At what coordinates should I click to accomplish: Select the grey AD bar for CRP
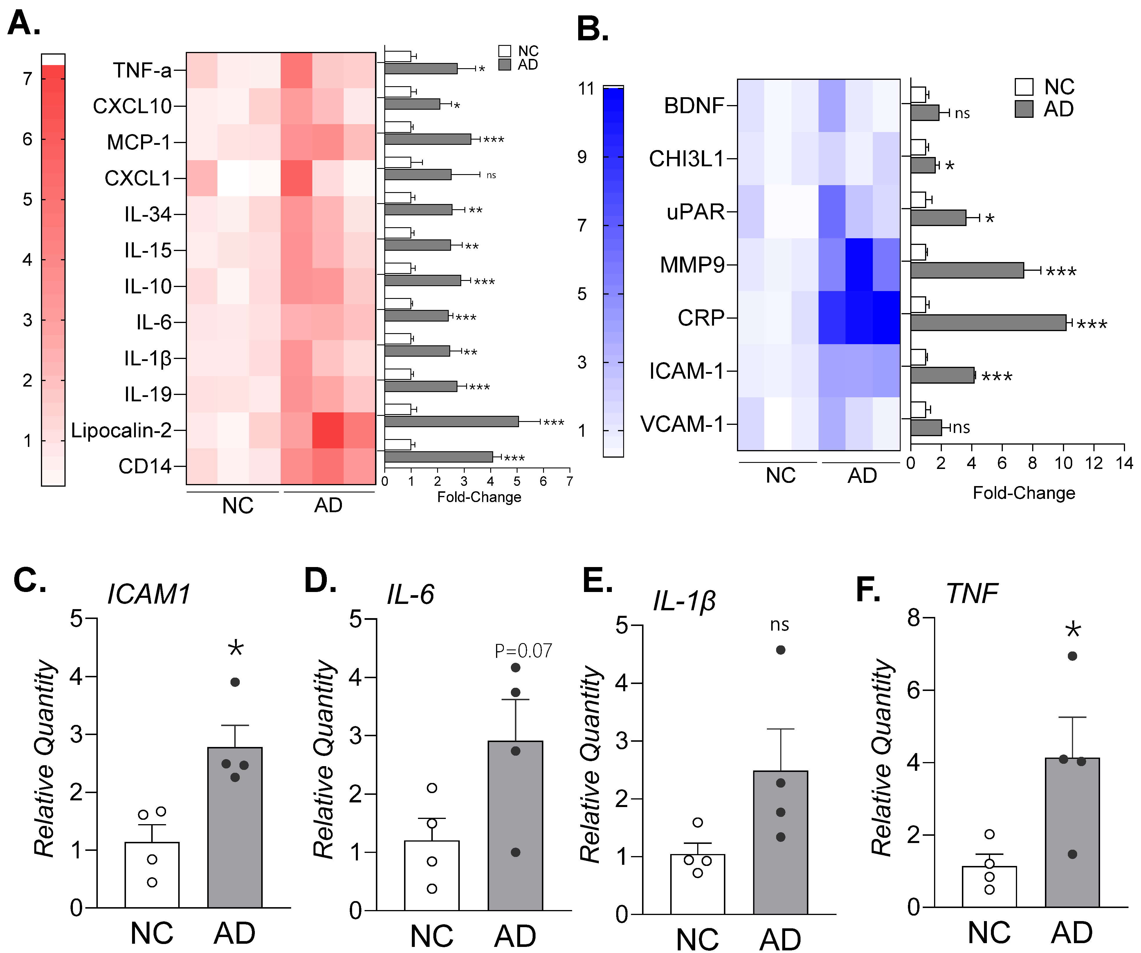point(988,323)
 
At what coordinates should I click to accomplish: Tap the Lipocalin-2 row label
point(121,430)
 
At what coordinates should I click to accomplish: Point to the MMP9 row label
point(692,265)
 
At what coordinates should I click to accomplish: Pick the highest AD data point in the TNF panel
point(1072,656)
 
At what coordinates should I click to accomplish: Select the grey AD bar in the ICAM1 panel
point(235,828)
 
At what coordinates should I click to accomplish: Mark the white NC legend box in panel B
point(1024,87)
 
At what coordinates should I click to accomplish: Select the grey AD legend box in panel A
point(505,65)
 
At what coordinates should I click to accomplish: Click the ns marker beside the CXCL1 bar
point(491,175)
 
